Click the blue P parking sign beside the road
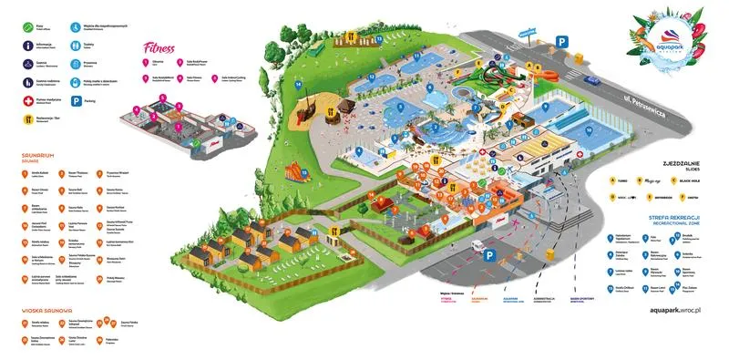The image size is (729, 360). tap(562, 40)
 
